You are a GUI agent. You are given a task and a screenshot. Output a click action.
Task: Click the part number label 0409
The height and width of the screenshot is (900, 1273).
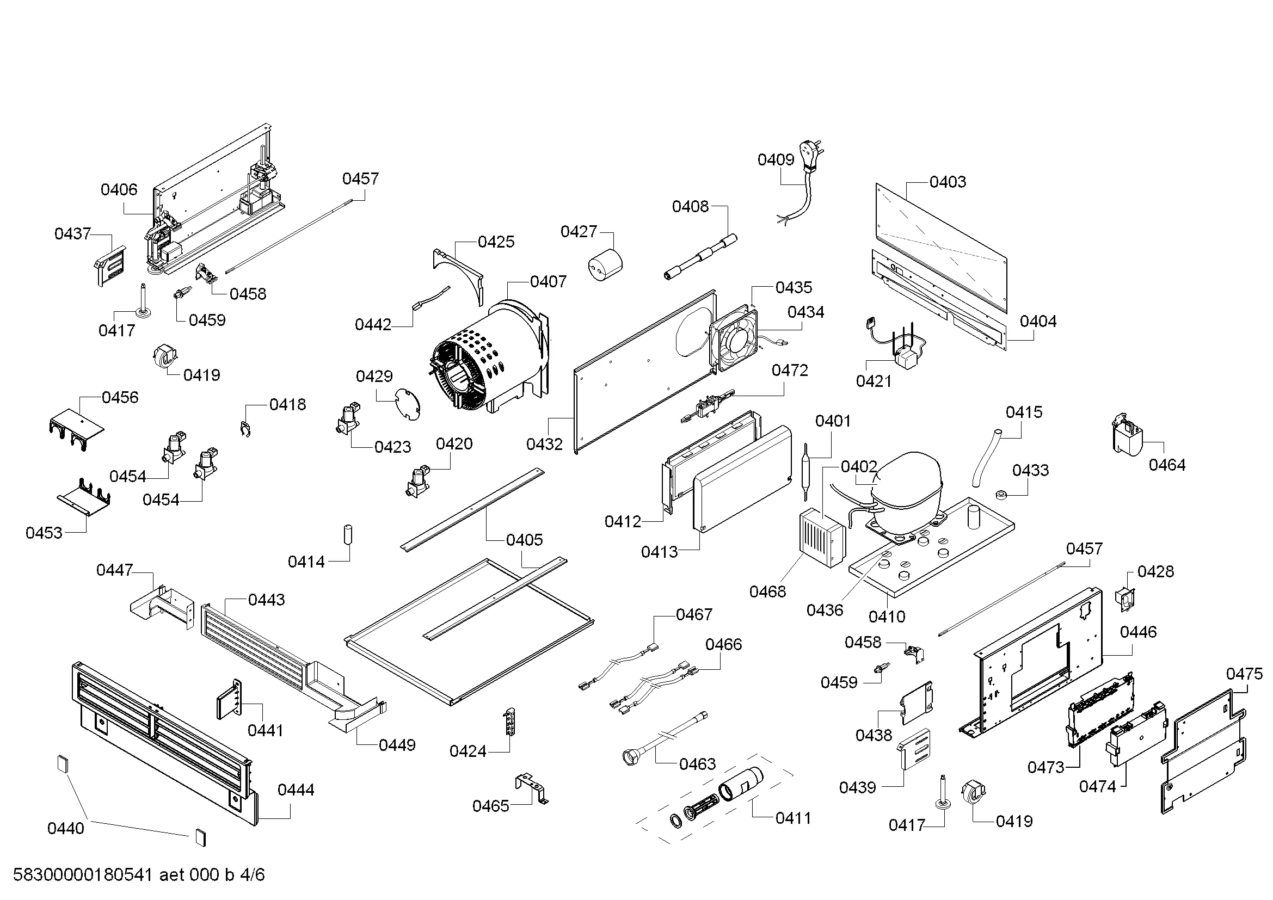[x=776, y=159]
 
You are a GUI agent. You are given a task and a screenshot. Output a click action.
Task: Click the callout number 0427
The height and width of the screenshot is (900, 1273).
[x=579, y=231]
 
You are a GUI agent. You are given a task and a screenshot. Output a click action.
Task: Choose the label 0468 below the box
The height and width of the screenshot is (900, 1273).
[x=767, y=592]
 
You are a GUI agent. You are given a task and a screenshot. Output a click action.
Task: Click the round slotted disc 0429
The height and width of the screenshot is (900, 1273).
[x=408, y=402]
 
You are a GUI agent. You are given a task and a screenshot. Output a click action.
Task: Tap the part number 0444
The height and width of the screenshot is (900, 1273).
[x=296, y=789]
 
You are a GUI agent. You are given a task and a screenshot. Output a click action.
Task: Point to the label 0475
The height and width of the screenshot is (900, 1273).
[x=1244, y=674]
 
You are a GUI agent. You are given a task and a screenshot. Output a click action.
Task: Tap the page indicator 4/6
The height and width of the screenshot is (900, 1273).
[x=253, y=875]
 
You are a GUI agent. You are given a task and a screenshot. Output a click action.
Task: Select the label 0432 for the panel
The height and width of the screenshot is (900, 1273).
[x=544, y=444]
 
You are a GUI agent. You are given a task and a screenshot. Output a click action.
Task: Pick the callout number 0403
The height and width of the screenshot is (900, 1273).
[x=948, y=181]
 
